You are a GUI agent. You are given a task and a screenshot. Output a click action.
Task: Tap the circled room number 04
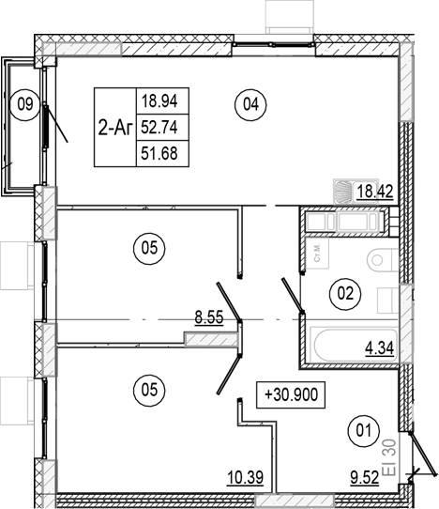249,104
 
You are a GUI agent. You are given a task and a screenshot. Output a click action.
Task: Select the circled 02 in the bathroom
345,294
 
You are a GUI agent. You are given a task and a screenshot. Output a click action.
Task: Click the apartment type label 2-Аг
115,128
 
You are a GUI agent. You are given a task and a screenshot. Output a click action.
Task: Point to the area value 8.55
208,319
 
